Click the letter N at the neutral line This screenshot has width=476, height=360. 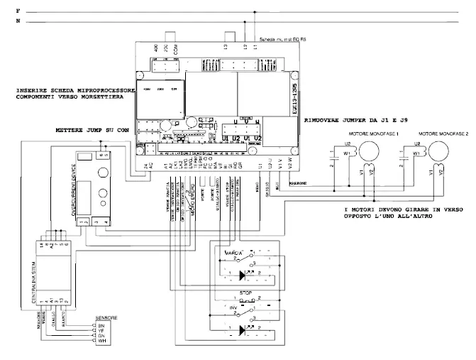18,23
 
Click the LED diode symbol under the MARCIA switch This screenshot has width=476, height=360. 245,274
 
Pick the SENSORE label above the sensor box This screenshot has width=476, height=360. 105,317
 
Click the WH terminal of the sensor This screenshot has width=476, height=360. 100,342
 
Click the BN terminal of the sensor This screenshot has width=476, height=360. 100,324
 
